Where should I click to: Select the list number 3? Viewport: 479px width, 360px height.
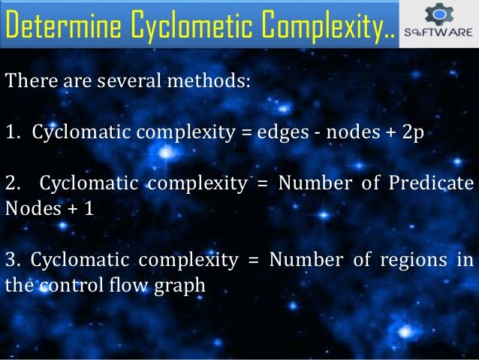11,261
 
